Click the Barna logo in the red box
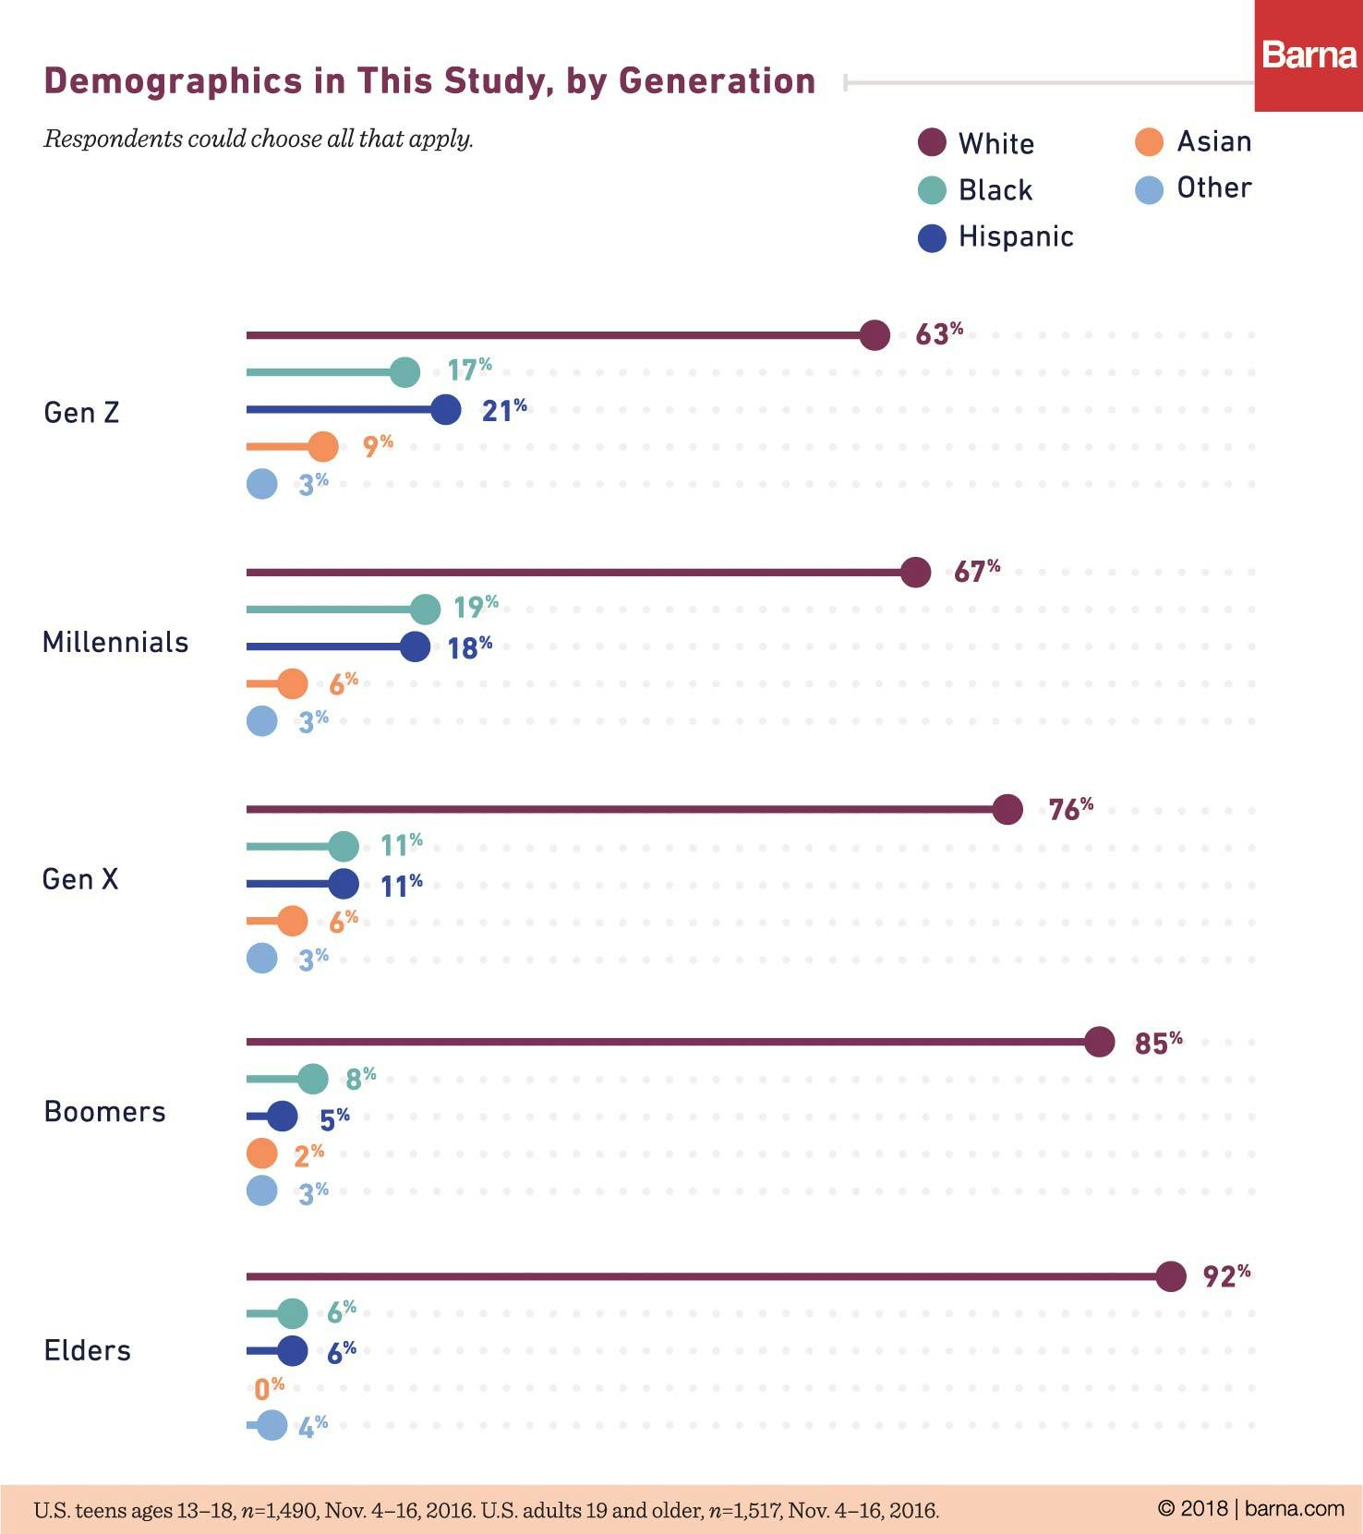(x=1309, y=55)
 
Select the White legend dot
(x=932, y=143)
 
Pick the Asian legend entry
(x=1193, y=142)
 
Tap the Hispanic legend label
(x=1016, y=236)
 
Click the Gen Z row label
(x=81, y=412)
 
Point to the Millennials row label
(x=115, y=642)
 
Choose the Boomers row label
(x=104, y=1111)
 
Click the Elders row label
(x=88, y=1350)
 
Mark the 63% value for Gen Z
(x=938, y=333)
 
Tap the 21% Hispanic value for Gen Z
(x=504, y=410)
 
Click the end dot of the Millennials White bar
(x=915, y=573)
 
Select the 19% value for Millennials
(x=476, y=607)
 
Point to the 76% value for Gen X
(x=1070, y=809)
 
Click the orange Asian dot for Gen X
(x=292, y=921)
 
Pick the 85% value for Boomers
(x=1158, y=1043)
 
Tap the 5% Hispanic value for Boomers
(x=334, y=1119)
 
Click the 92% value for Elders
(x=1226, y=1276)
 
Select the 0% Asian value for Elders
(x=269, y=1388)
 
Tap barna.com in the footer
(x=1294, y=1508)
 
